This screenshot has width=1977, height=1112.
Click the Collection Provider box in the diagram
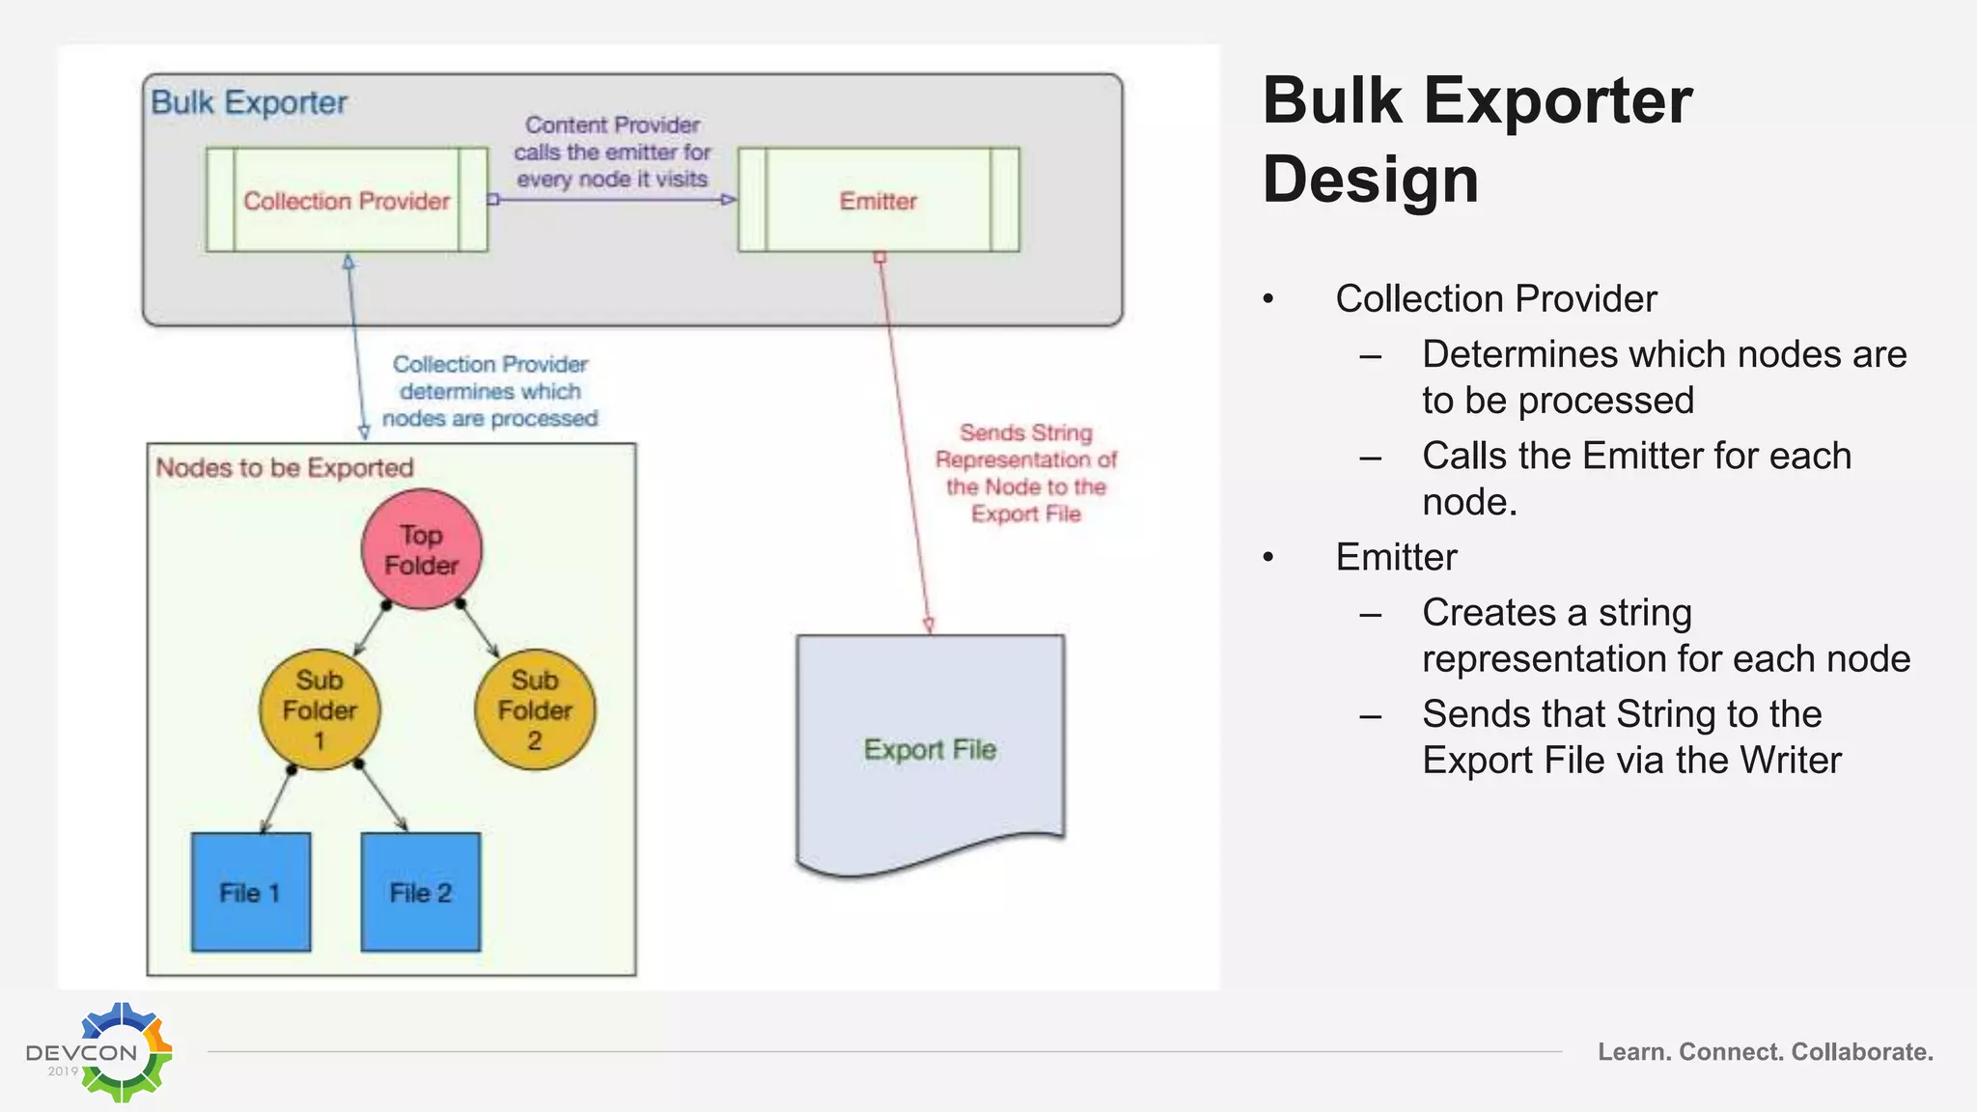pos(347,200)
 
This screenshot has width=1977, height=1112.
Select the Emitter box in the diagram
pos(877,200)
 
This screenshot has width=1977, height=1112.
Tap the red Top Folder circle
pos(422,550)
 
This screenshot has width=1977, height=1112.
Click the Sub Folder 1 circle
pos(320,709)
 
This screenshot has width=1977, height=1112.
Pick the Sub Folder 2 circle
pos(535,709)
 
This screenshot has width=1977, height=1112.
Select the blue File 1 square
pos(251,892)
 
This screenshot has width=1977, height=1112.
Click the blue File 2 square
pos(421,892)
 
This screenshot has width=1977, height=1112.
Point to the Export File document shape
pos(930,749)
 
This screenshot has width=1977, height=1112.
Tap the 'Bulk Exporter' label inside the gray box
pos(249,102)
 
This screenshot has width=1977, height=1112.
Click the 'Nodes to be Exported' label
pos(285,468)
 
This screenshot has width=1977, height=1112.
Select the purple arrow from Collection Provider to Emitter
pos(613,200)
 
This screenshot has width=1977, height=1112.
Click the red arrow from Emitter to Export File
pos(905,444)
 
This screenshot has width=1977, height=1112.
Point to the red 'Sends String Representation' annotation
pos(1025,473)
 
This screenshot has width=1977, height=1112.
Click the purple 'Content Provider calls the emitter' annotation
pos(612,152)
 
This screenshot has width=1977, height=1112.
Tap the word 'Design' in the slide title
pos(1370,180)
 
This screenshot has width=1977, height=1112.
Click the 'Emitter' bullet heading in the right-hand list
pos(1396,557)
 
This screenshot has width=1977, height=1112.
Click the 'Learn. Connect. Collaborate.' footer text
pos(1765,1051)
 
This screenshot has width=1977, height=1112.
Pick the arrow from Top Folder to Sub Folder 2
pos(479,629)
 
